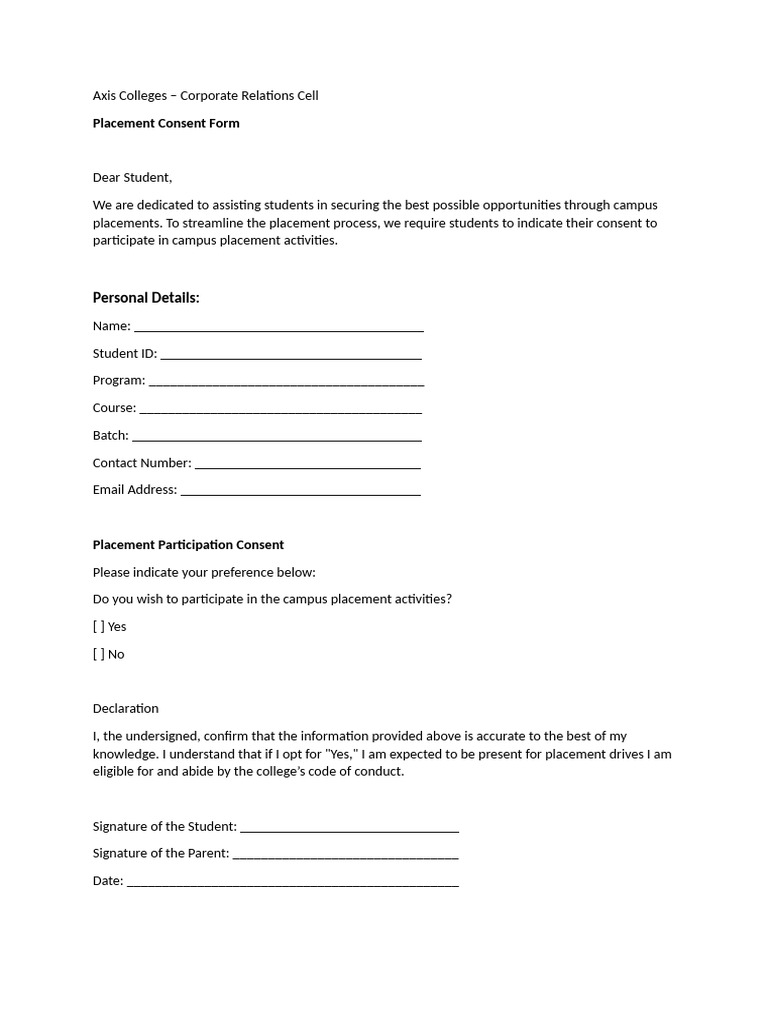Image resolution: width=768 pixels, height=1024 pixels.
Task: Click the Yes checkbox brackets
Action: point(98,627)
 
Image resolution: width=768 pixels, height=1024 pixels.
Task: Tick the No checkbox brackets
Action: point(98,654)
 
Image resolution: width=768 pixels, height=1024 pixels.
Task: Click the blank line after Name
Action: point(278,328)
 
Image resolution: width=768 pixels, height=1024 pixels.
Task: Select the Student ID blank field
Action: point(290,355)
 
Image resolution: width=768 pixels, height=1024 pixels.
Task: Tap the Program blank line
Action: point(286,382)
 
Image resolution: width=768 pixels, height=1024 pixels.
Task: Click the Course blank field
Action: point(280,410)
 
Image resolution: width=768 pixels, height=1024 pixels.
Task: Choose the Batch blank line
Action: point(276,437)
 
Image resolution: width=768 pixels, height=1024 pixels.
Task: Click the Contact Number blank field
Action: point(307,465)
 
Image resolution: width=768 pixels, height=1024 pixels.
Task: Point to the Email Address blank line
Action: point(300,492)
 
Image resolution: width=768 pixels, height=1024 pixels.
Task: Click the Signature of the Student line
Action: point(349,829)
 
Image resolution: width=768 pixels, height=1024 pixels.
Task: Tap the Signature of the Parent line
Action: point(345,856)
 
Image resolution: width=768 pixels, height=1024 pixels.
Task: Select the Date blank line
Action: point(292,883)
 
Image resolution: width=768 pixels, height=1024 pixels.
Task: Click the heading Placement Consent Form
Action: point(166,124)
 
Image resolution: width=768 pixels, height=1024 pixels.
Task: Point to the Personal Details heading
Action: point(146,298)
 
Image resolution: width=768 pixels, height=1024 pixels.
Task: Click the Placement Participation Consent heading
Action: point(188,545)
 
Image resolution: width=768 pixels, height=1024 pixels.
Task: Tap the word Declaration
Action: point(125,709)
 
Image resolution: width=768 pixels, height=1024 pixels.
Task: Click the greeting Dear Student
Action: point(132,178)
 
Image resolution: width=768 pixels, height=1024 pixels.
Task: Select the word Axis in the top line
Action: point(105,96)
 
